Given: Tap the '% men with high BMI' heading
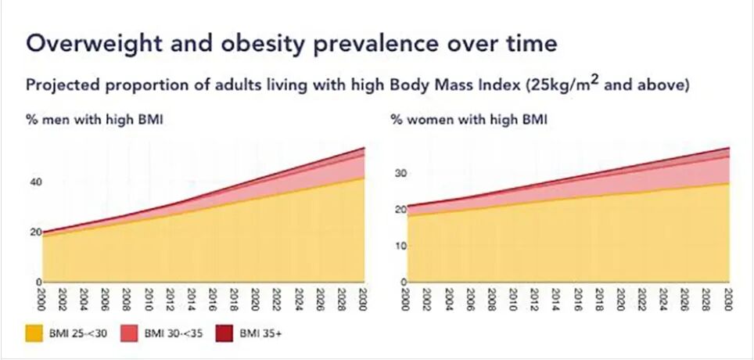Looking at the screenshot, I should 85,120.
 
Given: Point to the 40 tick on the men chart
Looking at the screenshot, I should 35,182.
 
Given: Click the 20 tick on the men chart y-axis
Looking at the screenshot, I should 35,232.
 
